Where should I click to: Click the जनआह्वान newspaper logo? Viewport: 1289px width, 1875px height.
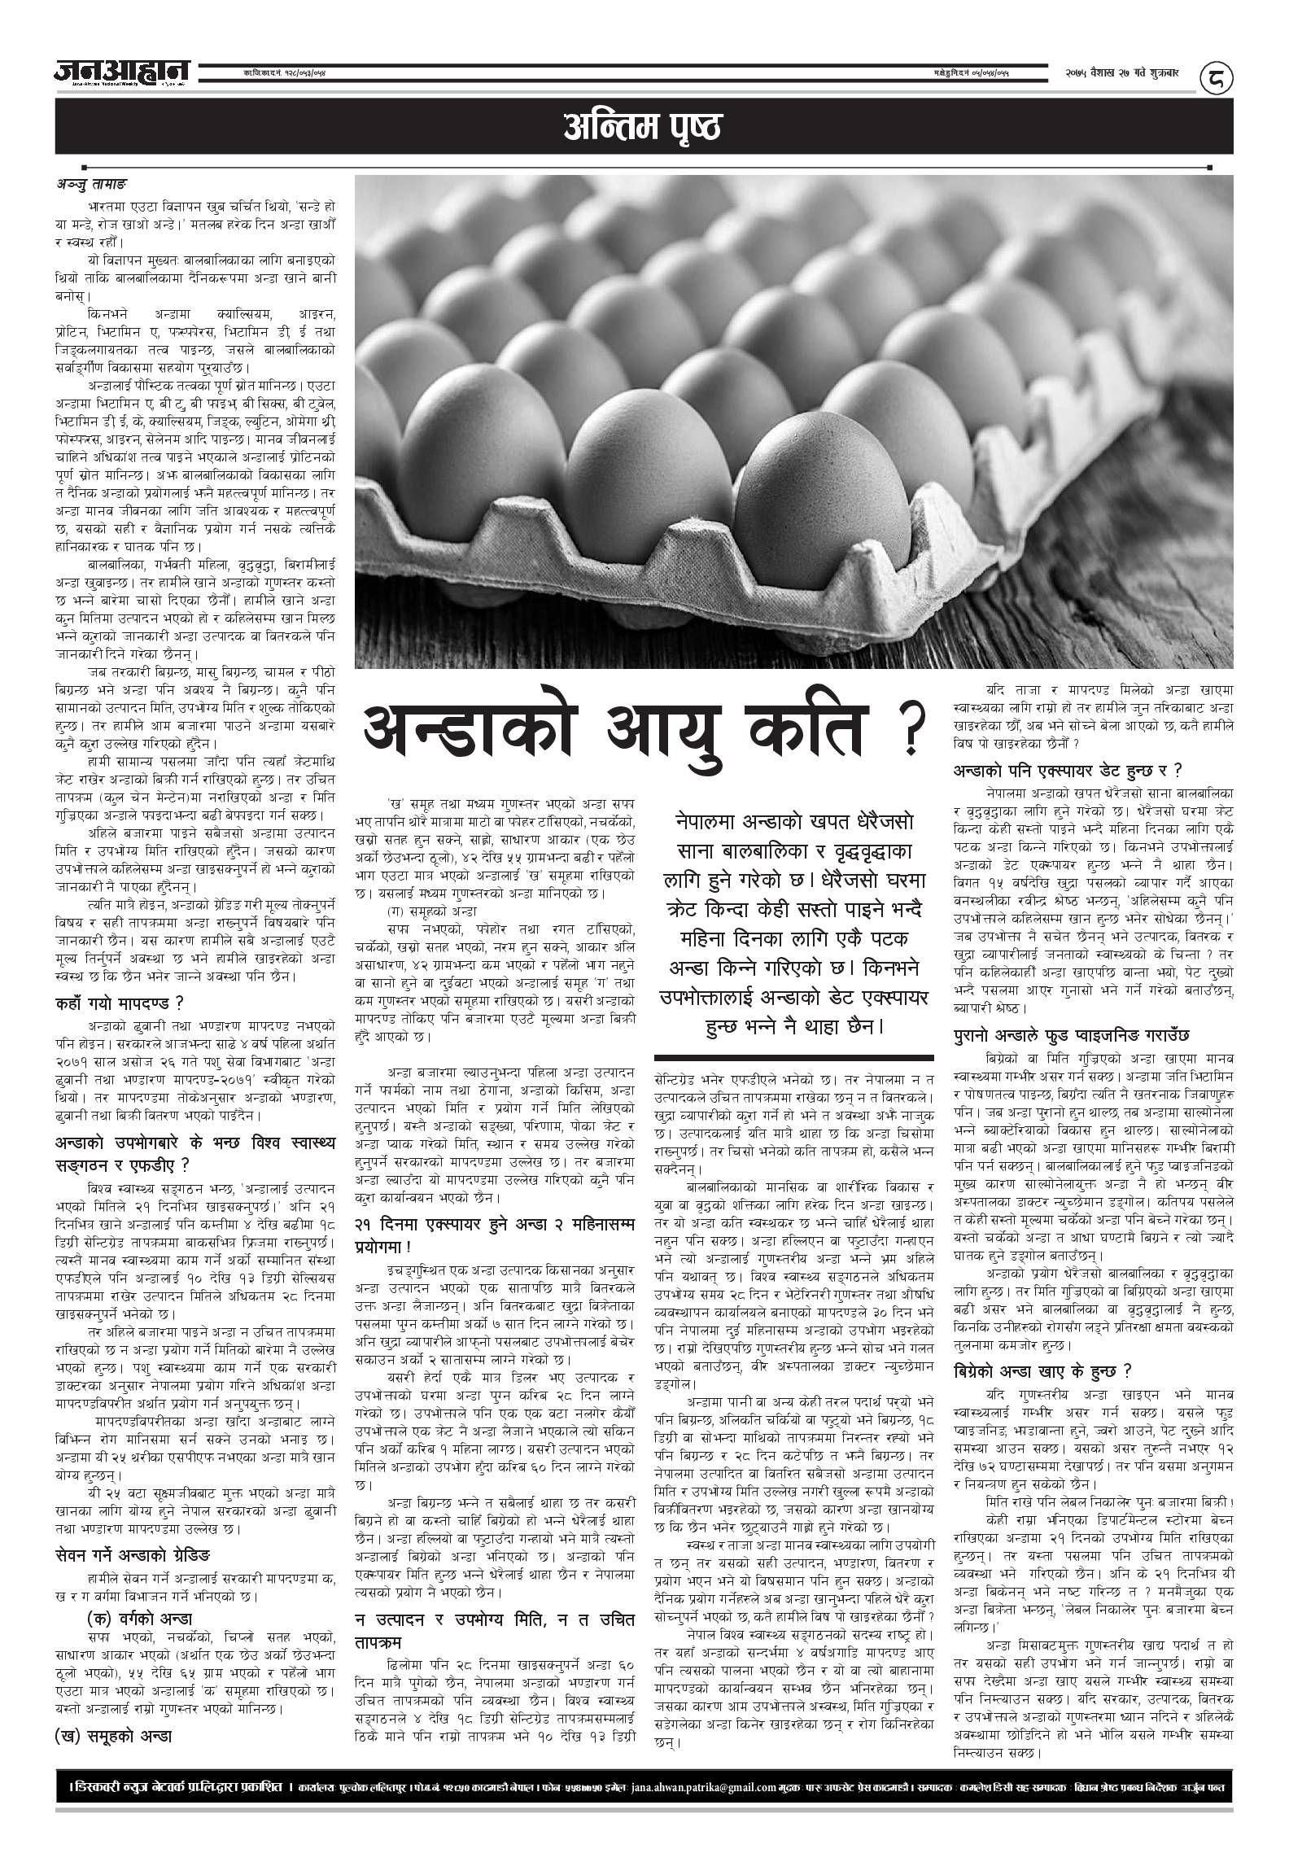tap(122, 73)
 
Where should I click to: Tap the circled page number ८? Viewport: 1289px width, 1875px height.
tap(1217, 78)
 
